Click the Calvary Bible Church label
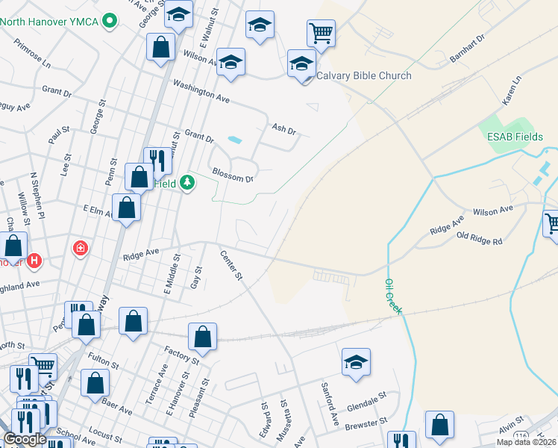[363, 75]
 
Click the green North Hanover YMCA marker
[110, 21]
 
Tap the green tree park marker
[186, 182]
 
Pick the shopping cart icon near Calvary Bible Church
[320, 34]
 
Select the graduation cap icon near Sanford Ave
[356, 363]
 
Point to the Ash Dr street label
[285, 129]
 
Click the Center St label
[231, 265]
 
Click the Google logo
[25, 439]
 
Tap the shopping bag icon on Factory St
[202, 337]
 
